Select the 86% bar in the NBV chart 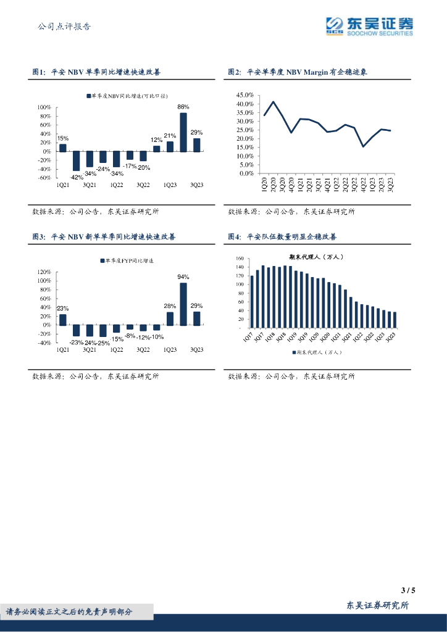183,131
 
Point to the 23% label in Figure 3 62,308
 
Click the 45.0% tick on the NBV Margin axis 245,95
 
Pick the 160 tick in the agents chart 240,259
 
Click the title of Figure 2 297,72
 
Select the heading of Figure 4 282,236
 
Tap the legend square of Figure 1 88,96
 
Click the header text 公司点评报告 64,27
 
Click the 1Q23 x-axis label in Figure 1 170,185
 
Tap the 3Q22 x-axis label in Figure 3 143,350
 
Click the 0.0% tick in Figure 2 246,173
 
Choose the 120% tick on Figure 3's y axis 44,272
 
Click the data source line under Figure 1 95,212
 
